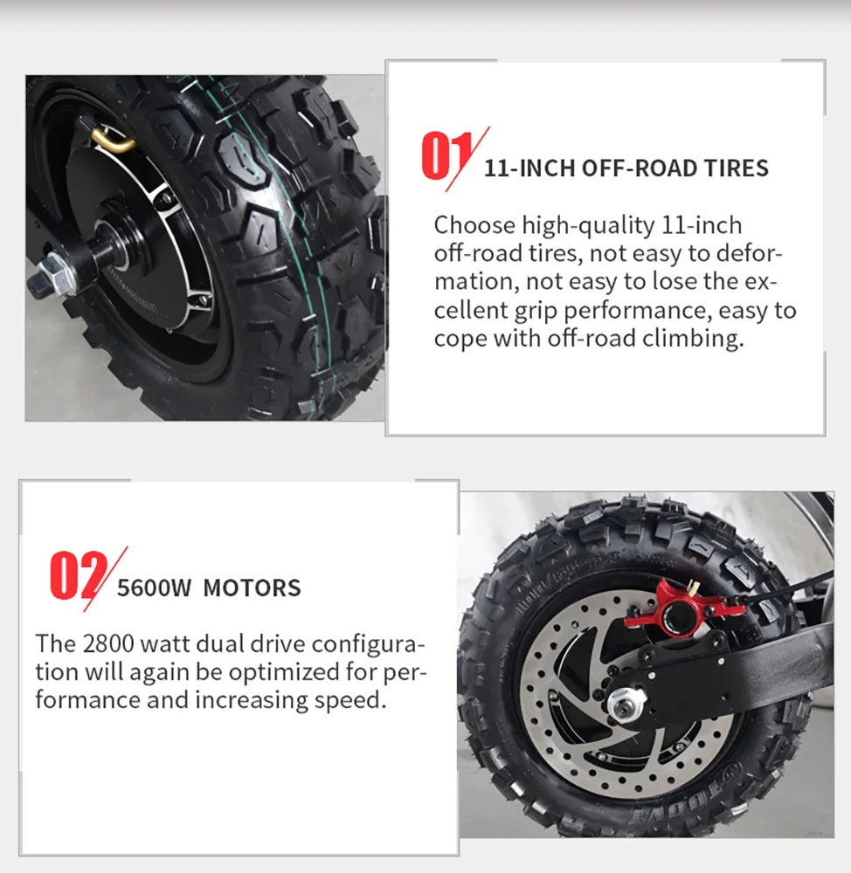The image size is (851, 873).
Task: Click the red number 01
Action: (x=446, y=156)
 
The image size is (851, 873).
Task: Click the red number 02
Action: (x=79, y=575)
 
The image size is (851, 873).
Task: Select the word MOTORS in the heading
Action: (x=252, y=588)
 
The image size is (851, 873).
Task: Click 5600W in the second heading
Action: (x=154, y=588)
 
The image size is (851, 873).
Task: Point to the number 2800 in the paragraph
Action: (x=108, y=643)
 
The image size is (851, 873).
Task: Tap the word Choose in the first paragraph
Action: (x=474, y=225)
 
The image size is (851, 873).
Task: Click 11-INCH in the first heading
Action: (x=529, y=168)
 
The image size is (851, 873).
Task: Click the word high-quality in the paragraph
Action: (x=588, y=226)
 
